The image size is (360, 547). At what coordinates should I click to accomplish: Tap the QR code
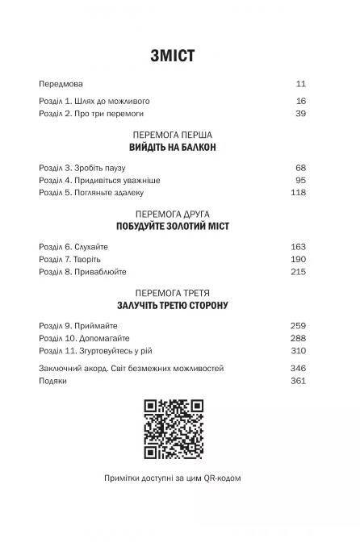point(172,429)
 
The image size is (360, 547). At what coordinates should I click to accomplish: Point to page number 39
point(301,115)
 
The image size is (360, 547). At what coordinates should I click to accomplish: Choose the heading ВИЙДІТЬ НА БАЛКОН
point(172,148)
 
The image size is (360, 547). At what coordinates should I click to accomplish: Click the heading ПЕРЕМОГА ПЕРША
point(172,134)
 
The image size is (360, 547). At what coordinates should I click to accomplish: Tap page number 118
point(299,193)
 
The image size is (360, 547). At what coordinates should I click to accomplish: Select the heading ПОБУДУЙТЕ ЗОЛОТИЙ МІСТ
point(172,227)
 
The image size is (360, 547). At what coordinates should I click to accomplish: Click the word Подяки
point(52,381)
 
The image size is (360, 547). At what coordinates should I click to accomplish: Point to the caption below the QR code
point(172,477)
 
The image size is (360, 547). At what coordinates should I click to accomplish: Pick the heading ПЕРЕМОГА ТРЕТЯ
point(172,293)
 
